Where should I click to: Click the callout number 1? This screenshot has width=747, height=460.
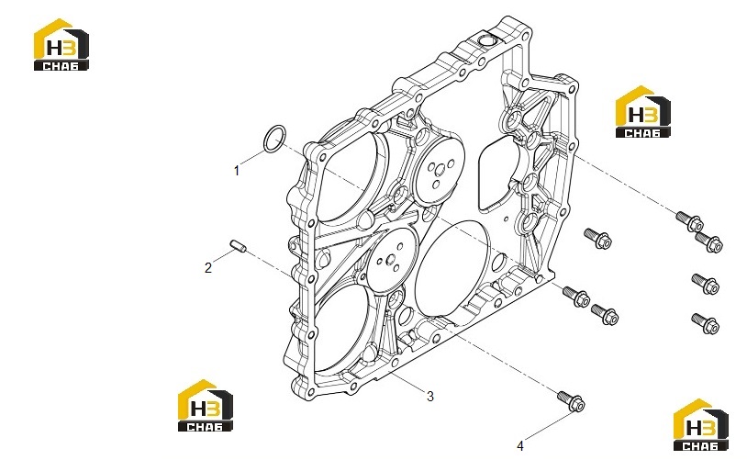coord(236,171)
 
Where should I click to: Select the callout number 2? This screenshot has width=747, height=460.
coord(208,268)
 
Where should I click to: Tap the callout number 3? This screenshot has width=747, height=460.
coord(430,396)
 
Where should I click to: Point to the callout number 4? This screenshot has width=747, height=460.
coord(520,445)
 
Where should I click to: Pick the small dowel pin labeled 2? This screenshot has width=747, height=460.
coord(238,246)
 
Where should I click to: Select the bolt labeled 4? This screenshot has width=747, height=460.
coord(571,400)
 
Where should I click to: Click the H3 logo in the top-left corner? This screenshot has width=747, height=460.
coord(61,45)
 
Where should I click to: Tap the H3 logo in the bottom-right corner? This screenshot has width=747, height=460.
coord(700,425)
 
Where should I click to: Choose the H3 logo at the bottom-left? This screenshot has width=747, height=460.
coord(206,406)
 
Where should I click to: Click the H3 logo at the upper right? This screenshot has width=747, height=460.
coord(642,112)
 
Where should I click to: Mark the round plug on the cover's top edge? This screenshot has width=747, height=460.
coord(486,40)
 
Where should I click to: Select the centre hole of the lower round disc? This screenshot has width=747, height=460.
coord(391,260)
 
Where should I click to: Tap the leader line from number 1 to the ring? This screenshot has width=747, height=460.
coord(251,158)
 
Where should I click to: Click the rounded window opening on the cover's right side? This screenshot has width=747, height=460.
coord(498,173)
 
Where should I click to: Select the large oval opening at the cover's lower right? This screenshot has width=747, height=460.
coord(452,268)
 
